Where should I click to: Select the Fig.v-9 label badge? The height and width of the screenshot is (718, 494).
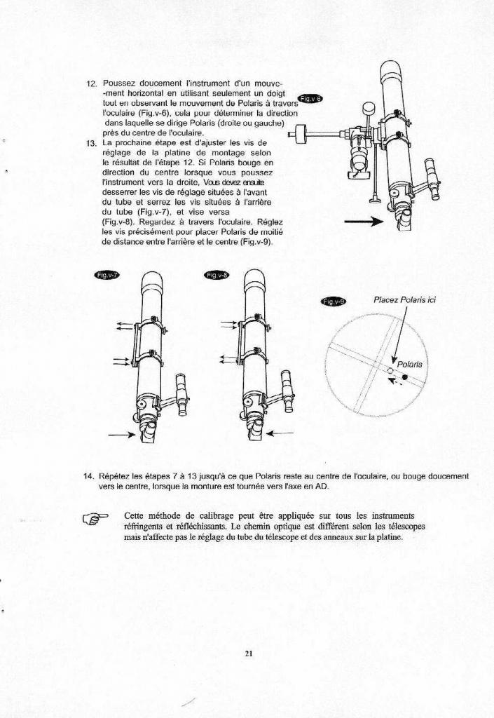click(332, 302)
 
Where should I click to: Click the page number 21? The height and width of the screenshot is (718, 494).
click(248, 654)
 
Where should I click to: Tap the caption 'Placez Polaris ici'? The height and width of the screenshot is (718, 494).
click(404, 299)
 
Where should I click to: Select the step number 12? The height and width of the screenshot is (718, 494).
click(91, 84)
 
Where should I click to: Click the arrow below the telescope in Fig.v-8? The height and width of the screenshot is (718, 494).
click(280, 433)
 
